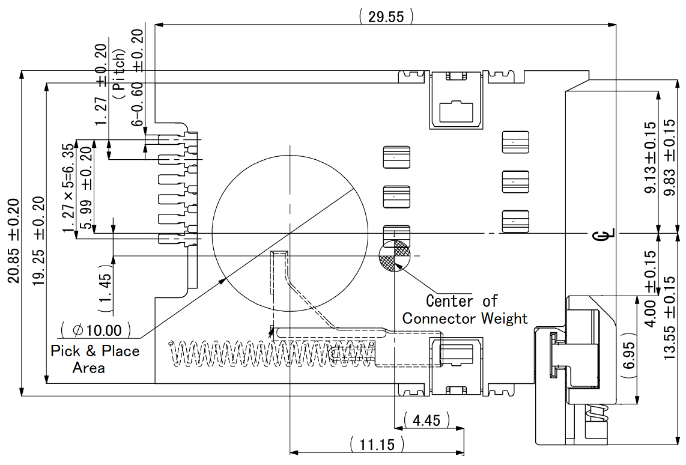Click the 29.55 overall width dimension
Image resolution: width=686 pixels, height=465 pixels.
point(386,16)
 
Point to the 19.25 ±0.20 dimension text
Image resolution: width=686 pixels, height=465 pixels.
point(39,240)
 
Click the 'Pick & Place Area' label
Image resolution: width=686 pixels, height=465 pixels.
point(94,359)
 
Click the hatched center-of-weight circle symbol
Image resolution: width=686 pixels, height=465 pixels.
point(394,256)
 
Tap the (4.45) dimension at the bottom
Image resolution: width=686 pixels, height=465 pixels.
point(427,420)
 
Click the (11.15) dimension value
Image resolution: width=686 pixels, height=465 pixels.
point(377,445)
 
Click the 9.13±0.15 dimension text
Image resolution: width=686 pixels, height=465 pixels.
point(651,158)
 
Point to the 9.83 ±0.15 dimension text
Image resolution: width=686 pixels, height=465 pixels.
point(670,158)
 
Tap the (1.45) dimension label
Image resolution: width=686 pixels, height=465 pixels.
point(106,291)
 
